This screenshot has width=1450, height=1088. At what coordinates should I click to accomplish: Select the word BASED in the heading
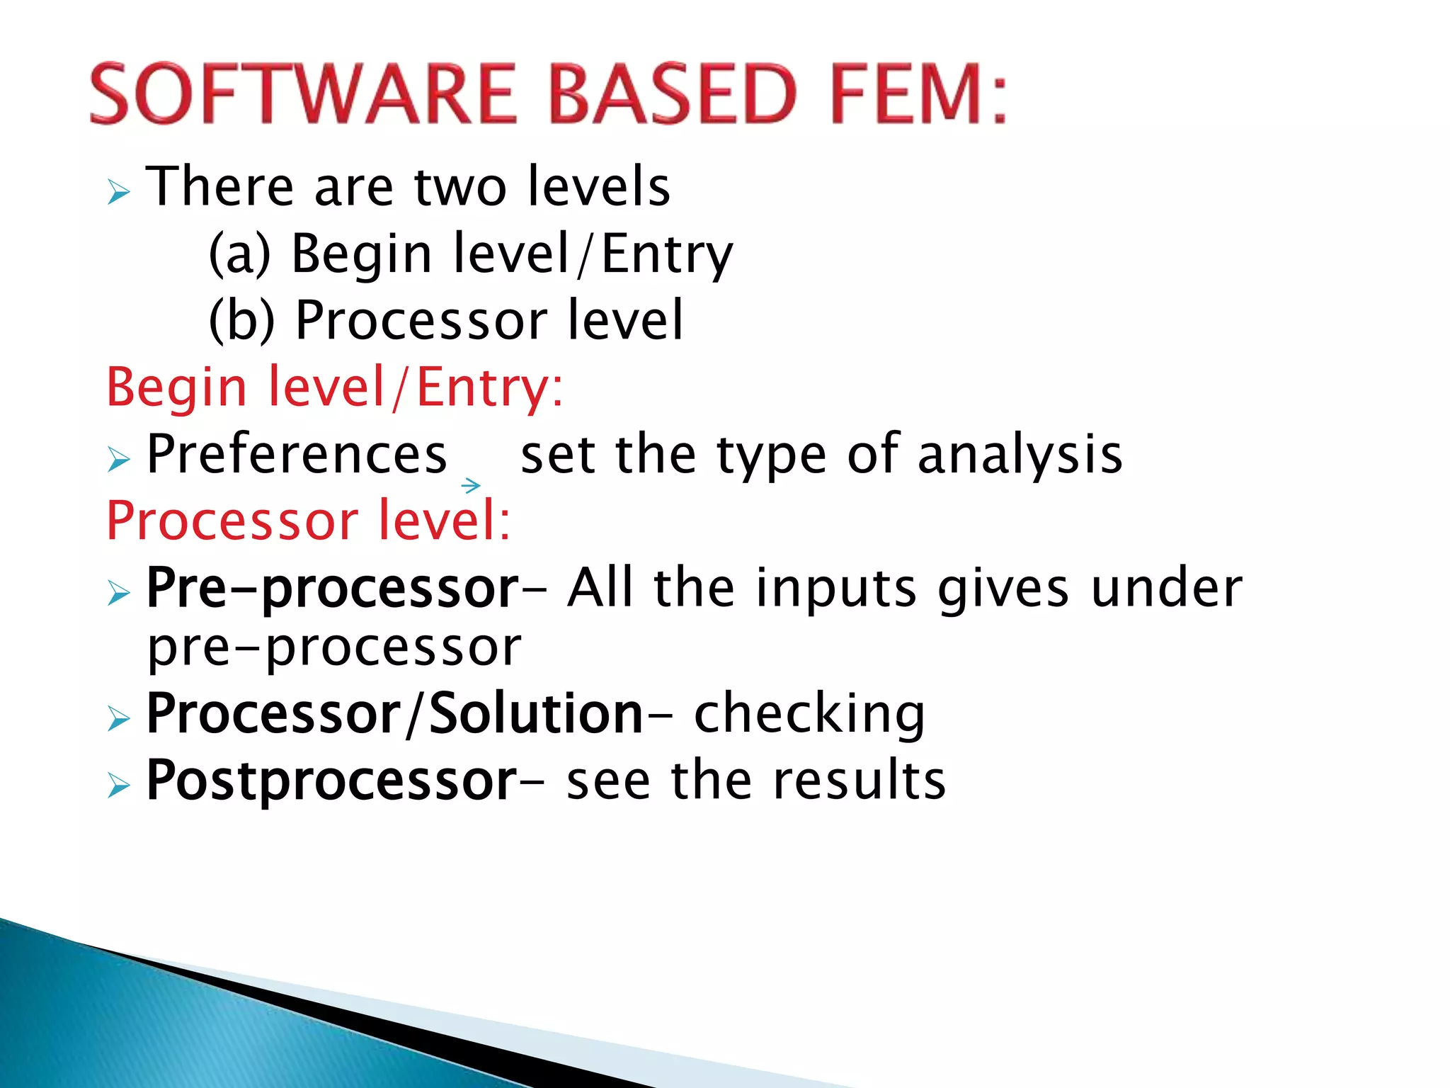[673, 94]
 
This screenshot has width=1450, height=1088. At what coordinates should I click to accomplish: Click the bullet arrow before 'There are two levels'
[119, 192]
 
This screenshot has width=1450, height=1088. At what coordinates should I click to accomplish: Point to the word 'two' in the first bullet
[460, 187]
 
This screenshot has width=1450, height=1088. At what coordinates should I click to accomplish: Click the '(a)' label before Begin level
[240, 254]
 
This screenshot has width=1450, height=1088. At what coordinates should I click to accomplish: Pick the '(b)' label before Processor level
[241, 320]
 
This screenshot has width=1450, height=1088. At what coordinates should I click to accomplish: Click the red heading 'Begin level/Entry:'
[334, 387]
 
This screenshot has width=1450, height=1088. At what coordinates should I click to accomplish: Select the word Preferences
[297, 454]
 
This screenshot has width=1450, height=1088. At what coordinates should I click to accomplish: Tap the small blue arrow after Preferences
[471, 485]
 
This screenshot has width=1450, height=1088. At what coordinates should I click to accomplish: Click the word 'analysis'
[1020, 454]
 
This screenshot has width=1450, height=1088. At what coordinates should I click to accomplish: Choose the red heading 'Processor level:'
[308, 521]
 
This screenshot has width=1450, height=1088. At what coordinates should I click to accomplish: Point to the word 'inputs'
[836, 588]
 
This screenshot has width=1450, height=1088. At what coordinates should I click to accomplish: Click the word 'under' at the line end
[1166, 588]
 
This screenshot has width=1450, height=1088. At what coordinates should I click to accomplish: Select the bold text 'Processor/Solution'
[394, 713]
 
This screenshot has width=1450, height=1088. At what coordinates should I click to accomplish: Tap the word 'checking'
[809, 713]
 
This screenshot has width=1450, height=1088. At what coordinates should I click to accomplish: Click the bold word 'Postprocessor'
[331, 781]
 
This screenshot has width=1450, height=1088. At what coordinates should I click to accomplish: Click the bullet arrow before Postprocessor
[119, 786]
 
